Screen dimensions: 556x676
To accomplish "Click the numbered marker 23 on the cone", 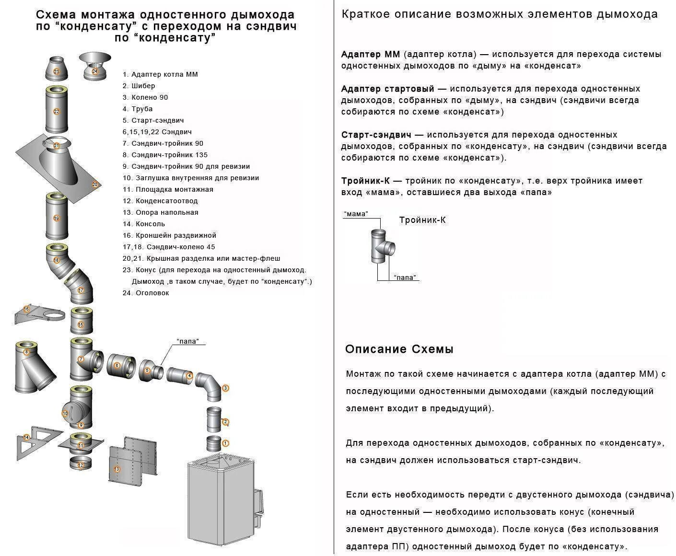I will (57, 72).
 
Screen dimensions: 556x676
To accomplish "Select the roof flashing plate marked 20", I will (58, 168).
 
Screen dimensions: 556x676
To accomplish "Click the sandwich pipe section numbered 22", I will (57, 110).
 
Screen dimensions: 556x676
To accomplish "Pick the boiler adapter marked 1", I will (214, 444).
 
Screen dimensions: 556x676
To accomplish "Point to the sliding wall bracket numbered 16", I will (38, 314).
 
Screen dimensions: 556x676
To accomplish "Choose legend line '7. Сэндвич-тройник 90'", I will (163, 143).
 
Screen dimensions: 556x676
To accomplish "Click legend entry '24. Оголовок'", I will (146, 293).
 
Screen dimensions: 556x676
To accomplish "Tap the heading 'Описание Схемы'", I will (399, 349).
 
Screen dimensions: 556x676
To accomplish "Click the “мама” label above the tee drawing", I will (356, 214).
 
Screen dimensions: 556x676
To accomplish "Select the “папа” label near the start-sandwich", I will (187, 341).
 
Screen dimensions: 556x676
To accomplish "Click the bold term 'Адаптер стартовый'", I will (387, 89).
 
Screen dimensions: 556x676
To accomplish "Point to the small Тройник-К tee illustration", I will (382, 245).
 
